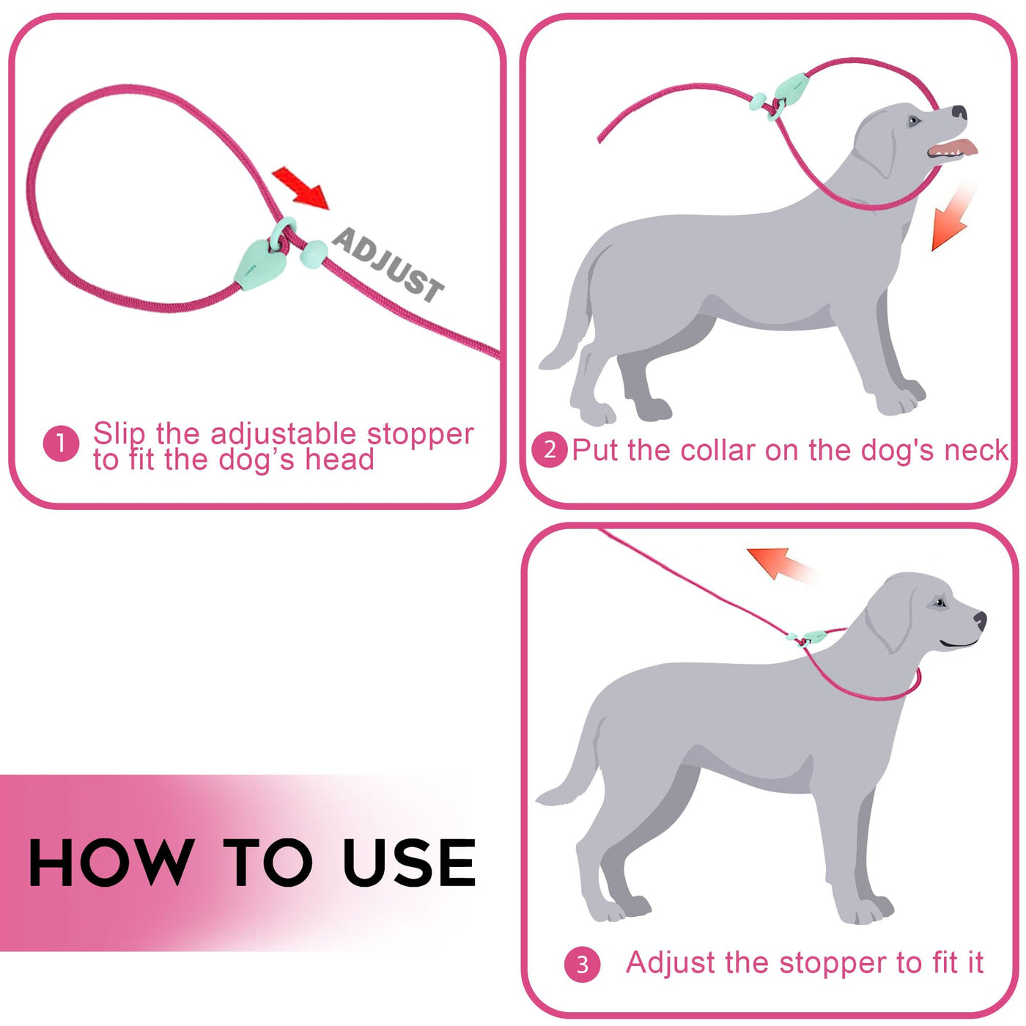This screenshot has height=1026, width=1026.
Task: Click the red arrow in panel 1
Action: pyautogui.click(x=300, y=188)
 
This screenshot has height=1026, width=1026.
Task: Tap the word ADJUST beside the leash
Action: pyautogui.click(x=388, y=265)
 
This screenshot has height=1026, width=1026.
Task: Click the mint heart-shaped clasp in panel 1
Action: pyautogui.click(x=259, y=265)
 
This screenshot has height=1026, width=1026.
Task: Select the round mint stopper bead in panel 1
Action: pyautogui.click(x=314, y=254)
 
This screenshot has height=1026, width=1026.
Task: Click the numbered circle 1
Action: pyautogui.click(x=62, y=443)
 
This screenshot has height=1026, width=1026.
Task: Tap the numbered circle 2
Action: pyautogui.click(x=550, y=451)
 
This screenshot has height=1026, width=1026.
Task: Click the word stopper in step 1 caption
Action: pyautogui.click(x=420, y=435)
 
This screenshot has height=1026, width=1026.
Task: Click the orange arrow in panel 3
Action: pyautogui.click(x=779, y=565)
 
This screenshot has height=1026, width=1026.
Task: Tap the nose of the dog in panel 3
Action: pyautogui.click(x=980, y=620)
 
